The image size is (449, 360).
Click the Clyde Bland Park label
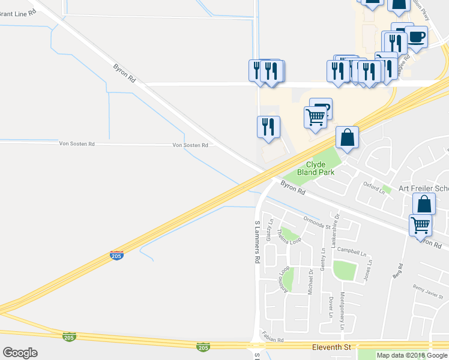tap(316, 168)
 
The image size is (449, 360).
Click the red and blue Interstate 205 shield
tap(116, 255)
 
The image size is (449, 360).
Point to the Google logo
tap(20, 353)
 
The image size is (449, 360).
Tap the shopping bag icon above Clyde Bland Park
tap(347, 139)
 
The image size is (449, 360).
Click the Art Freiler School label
tap(423, 188)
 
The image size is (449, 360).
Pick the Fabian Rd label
tap(272, 340)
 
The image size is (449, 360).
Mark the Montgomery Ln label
tap(342, 310)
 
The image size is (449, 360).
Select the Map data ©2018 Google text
tap(412, 355)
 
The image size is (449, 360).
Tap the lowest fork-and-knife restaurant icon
tap(268, 127)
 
